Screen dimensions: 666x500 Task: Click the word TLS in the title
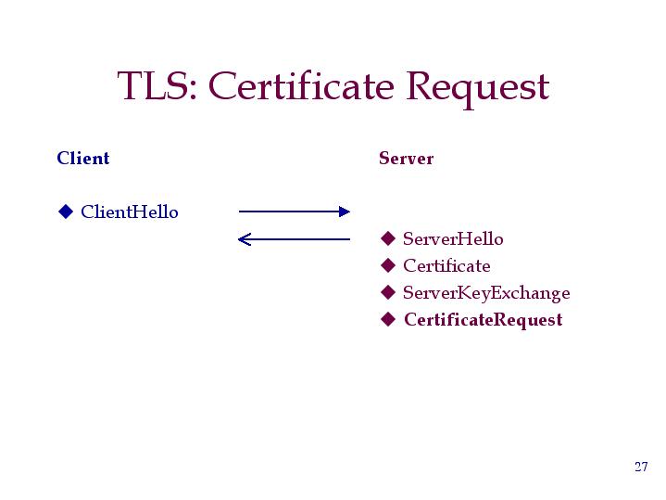154,86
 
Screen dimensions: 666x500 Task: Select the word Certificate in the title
301,85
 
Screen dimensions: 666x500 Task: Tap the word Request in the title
478,89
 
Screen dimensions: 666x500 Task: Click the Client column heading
83,158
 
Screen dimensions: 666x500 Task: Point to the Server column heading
406,159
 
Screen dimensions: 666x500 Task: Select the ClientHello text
130,212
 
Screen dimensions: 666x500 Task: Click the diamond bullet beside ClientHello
66,212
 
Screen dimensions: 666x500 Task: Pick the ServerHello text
453,238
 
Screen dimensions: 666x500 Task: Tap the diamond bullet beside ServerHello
388,238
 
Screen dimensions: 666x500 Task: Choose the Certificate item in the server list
446,266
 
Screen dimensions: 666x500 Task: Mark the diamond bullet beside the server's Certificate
388,265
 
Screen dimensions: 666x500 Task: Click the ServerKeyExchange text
486,293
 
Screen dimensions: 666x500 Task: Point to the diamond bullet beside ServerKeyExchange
388,292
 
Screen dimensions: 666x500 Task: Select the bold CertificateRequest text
484,320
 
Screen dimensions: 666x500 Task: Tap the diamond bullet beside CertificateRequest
388,319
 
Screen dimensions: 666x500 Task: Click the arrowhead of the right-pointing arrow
345,212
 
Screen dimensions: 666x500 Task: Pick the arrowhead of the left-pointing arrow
245,239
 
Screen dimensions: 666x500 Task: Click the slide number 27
641,467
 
